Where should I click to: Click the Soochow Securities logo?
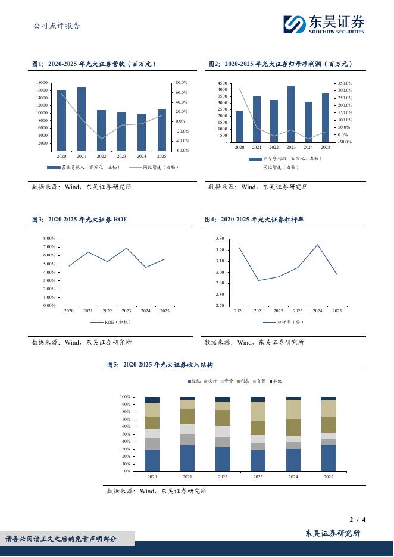[323, 24]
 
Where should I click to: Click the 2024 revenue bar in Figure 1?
[142, 132]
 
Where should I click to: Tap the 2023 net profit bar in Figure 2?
[291, 114]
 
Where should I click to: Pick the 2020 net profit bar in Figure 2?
[239, 127]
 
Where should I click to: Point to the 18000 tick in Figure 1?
[42, 83]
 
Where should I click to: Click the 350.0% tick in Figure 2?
[345, 83]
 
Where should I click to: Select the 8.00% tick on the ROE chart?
[49, 239]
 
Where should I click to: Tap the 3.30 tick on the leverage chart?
[220, 239]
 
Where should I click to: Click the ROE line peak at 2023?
[127, 248]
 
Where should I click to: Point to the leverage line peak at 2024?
[317, 245]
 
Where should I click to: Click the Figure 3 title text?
[80, 220]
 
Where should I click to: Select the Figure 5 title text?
[160, 364]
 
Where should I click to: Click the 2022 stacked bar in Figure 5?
[223, 434]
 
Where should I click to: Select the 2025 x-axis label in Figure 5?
[329, 477]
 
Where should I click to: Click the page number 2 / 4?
[357, 520]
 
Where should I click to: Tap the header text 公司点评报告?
[57, 26]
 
